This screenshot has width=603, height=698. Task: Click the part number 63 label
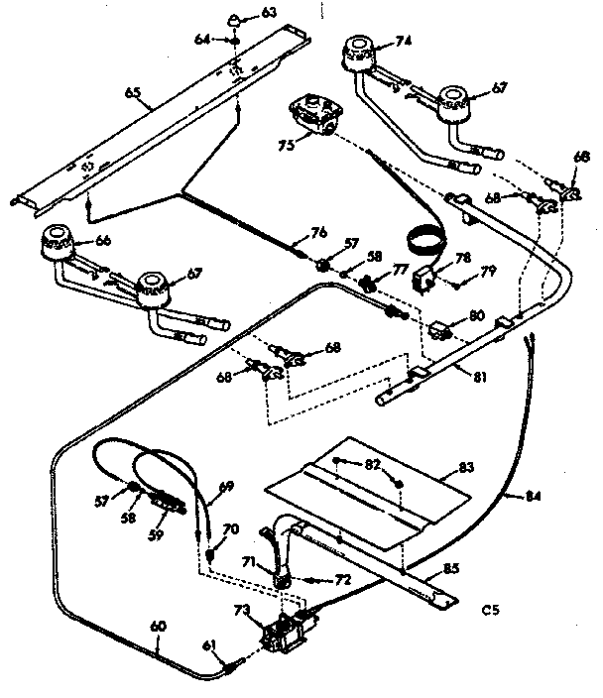(241, 13)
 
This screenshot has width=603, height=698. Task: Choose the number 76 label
(317, 233)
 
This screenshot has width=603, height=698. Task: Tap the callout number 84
(536, 497)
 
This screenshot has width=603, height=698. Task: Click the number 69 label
(226, 486)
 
